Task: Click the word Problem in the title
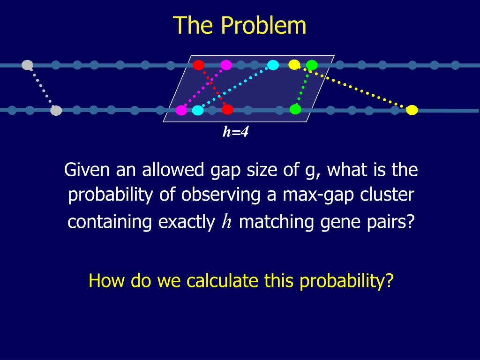pos(264,25)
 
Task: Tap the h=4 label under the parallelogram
pos(235,133)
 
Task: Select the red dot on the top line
pos(199,65)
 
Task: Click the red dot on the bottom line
pos(227,110)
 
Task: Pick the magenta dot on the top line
pos(226,65)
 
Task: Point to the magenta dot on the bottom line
pos(181,110)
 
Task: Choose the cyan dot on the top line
pos(273,65)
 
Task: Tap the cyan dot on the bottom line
pos(198,110)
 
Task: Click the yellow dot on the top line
pos(294,65)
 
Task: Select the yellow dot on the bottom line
pos(412,110)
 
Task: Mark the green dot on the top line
pos(312,65)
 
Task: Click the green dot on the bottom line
pos(295,109)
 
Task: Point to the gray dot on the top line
pos(28,65)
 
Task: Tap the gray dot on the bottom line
pos(56,111)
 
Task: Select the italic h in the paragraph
pos(227,222)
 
